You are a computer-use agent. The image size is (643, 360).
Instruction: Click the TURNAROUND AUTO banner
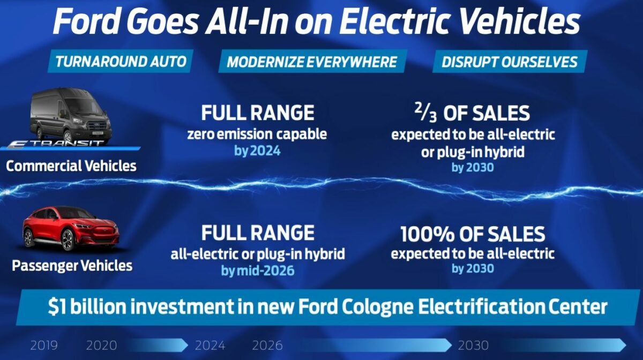[x=121, y=61]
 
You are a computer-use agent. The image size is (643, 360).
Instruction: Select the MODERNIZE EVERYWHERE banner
[x=312, y=61]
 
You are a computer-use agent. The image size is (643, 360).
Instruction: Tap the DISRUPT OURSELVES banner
[x=510, y=62]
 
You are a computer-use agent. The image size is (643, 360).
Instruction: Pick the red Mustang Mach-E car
[x=71, y=228]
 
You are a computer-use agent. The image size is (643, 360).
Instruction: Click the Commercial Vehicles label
[x=71, y=166]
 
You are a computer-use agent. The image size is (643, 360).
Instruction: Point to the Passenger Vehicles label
[x=72, y=266]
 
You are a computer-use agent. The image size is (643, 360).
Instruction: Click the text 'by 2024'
[x=257, y=151]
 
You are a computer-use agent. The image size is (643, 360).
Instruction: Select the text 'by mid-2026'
[x=258, y=271]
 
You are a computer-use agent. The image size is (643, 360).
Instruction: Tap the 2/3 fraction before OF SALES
[x=426, y=113]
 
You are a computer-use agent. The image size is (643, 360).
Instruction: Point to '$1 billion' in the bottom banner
[x=87, y=306]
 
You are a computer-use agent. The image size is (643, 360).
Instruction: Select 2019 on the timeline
[x=44, y=345]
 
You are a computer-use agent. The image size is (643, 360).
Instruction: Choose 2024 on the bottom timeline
[x=210, y=345]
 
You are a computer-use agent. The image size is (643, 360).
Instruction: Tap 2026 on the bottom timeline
[x=267, y=345]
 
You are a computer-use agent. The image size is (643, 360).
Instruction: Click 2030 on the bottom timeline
[x=473, y=345]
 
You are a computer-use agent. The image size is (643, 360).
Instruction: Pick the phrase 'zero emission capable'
[x=257, y=134]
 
